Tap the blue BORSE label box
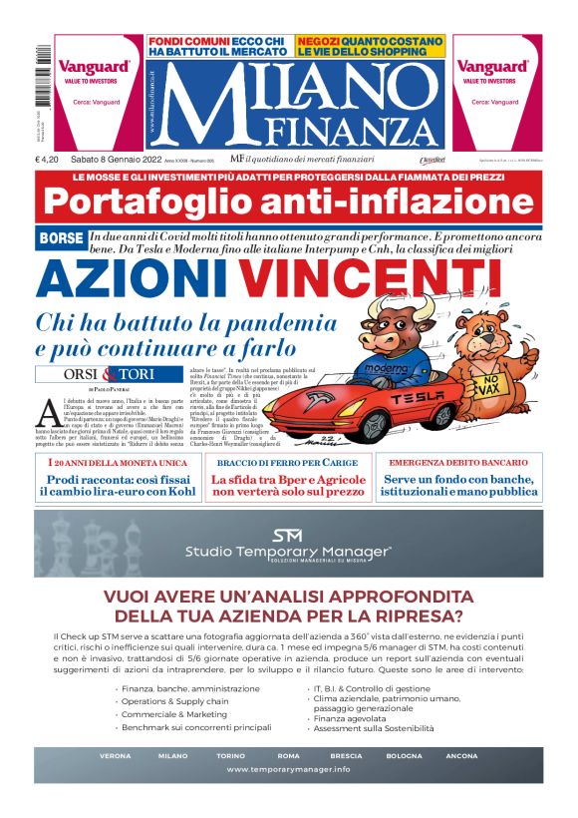[x=60, y=238]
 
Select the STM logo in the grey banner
[x=288, y=536]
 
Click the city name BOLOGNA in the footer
[x=405, y=755]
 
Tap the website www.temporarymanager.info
[x=288, y=769]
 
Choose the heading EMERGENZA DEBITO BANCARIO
[x=458, y=464]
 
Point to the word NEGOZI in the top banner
[x=320, y=41]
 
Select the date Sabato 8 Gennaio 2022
[x=120, y=160]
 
